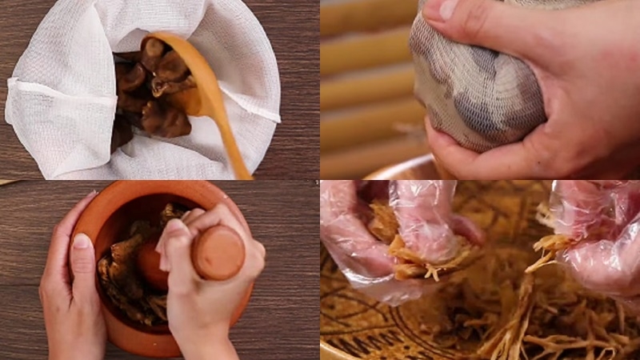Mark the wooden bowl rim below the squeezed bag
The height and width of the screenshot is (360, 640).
pos(400,170)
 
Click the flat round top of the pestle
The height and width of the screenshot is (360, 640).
pos(218,253)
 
